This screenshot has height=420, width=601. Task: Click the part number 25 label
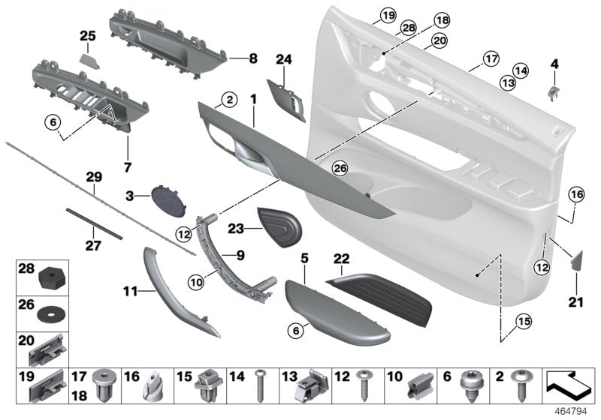pyautogui.click(x=88, y=35)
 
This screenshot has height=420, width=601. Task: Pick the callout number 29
pyautogui.click(x=93, y=177)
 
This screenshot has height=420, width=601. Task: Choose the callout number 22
pyautogui.click(x=343, y=258)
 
